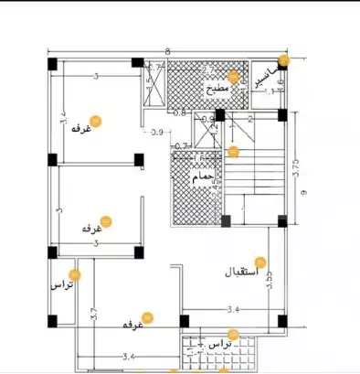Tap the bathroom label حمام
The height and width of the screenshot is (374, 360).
(x=202, y=175)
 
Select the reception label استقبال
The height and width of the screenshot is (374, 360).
(x=241, y=272)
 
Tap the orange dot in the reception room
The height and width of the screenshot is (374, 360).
(x=259, y=262)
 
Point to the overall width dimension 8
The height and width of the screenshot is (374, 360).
(x=168, y=52)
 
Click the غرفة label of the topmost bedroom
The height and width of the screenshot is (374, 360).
(x=82, y=129)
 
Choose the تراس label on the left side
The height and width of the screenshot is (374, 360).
(x=60, y=285)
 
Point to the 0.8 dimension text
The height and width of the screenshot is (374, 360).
(x=180, y=113)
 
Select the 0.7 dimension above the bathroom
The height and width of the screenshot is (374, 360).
(x=180, y=146)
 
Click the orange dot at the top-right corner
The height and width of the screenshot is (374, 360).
(x=283, y=60)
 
